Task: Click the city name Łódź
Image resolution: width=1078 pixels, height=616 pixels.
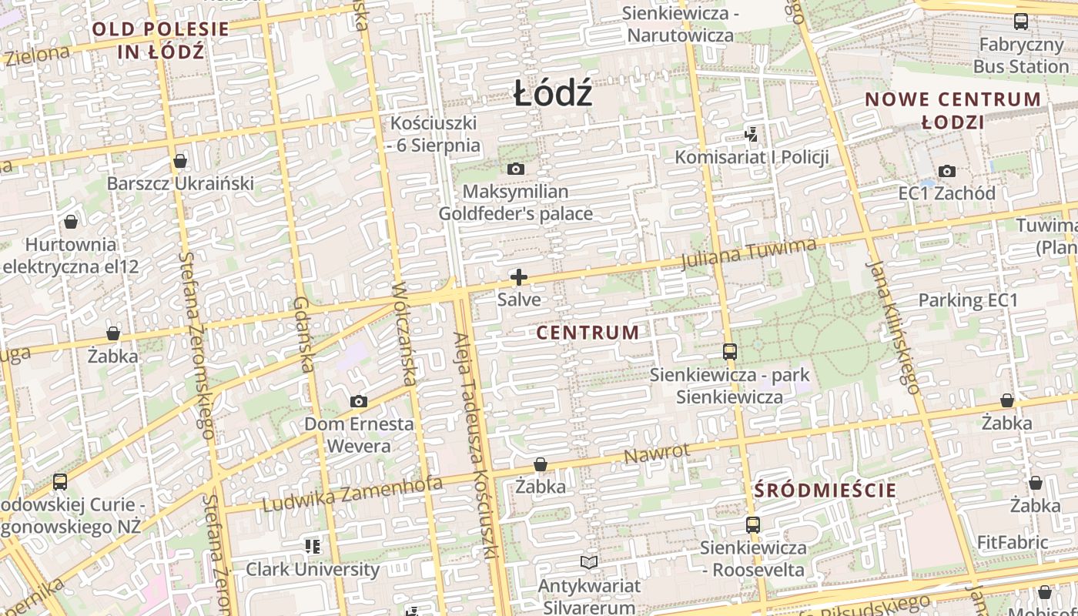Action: pyautogui.click(x=553, y=94)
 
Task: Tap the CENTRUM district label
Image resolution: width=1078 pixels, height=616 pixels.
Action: pyautogui.click(x=588, y=333)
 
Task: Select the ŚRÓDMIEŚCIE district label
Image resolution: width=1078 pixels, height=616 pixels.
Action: pyautogui.click(x=825, y=490)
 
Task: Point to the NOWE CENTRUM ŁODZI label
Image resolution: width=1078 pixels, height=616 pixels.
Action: pyautogui.click(x=952, y=110)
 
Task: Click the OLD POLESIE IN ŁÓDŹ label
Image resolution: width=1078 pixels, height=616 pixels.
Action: pyautogui.click(x=161, y=40)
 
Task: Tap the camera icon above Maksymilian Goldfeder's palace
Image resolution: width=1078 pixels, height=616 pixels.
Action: pyautogui.click(x=516, y=169)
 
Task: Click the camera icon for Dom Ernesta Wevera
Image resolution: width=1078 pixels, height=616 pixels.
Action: pyautogui.click(x=358, y=401)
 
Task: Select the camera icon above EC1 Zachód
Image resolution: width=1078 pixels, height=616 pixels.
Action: pyautogui.click(x=946, y=171)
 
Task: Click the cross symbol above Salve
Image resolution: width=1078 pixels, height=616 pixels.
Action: pyautogui.click(x=519, y=277)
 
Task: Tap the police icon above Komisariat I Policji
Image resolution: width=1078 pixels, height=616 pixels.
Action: pyautogui.click(x=751, y=135)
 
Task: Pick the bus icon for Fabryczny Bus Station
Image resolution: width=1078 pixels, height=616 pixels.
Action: pyautogui.click(x=1021, y=22)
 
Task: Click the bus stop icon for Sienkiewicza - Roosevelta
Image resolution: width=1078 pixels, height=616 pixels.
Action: pyautogui.click(x=753, y=525)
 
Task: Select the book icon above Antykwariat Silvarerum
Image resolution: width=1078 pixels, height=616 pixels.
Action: pyautogui.click(x=589, y=563)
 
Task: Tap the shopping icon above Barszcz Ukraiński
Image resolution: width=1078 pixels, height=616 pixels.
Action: pyautogui.click(x=180, y=161)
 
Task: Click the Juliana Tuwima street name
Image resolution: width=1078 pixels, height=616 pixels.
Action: pyautogui.click(x=748, y=253)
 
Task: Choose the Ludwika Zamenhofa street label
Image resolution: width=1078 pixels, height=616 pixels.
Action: pyautogui.click(x=353, y=494)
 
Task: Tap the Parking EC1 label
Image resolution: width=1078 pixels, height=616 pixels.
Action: pyautogui.click(x=968, y=300)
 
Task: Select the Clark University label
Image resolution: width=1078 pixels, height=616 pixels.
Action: pyautogui.click(x=313, y=570)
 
